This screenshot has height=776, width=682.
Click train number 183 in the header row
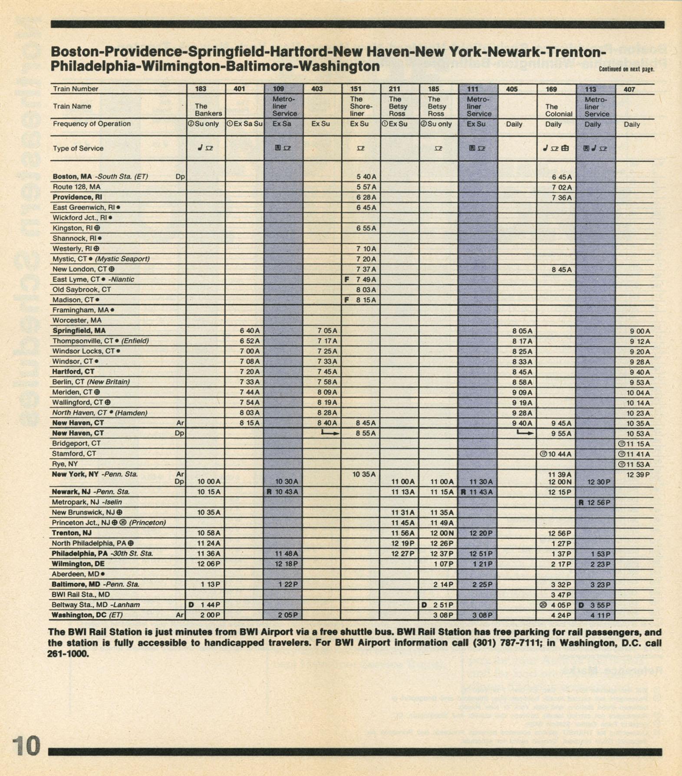[201, 89]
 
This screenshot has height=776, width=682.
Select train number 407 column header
[629, 89]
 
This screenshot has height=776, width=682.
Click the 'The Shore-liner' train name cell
[361, 106]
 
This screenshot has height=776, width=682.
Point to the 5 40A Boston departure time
[366, 177]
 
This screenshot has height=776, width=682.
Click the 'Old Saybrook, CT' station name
[82, 289]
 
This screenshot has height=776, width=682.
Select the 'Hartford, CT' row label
[73, 372]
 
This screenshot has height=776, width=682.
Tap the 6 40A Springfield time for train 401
[250, 331]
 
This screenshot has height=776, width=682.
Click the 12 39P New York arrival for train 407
[638, 475]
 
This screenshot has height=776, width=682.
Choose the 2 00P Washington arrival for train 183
[211, 615]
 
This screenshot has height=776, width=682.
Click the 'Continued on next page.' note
[626, 69]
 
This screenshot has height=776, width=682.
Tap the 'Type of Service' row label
[78, 148]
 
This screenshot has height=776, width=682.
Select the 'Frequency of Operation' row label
[92, 124]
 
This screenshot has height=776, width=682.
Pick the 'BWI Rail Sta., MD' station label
[81, 595]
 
